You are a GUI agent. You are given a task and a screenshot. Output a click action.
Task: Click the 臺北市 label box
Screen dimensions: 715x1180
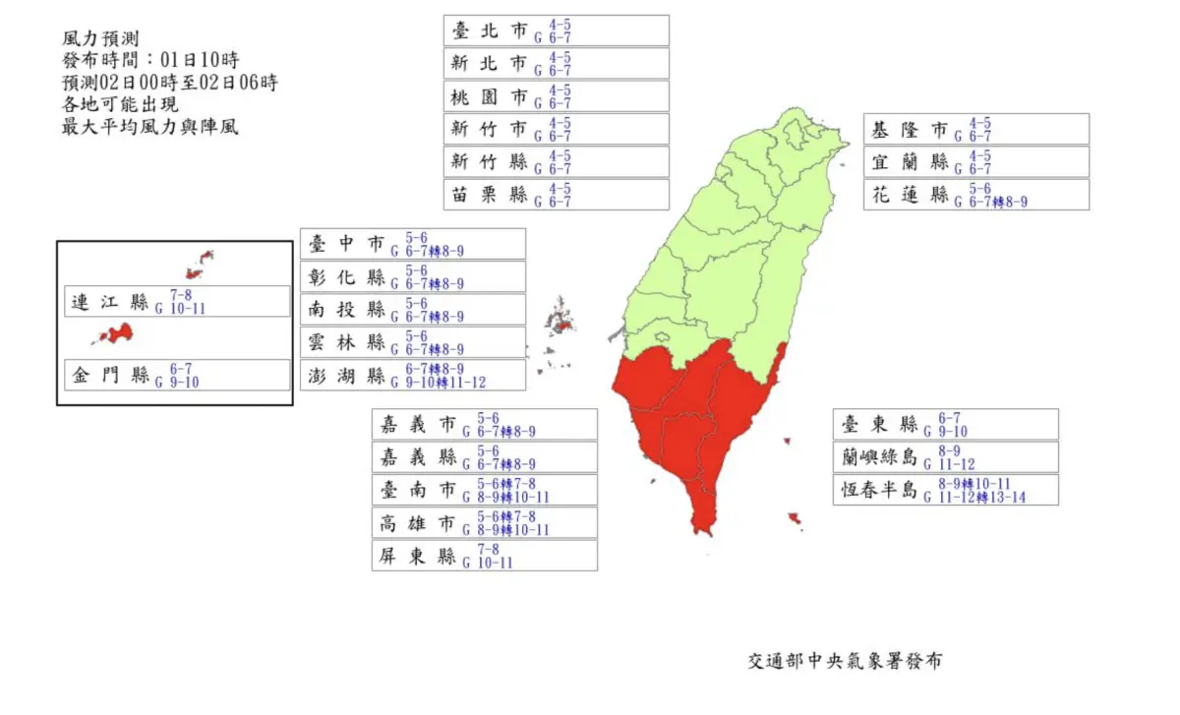tap(556, 30)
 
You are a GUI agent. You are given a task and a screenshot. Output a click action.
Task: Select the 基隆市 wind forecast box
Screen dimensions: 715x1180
tap(976, 130)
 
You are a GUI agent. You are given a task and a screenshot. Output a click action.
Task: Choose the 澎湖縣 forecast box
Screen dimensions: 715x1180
tap(412, 375)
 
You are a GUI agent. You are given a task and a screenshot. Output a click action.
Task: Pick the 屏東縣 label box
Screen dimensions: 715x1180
tap(485, 556)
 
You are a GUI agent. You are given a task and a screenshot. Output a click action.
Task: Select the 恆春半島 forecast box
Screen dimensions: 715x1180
tap(946, 490)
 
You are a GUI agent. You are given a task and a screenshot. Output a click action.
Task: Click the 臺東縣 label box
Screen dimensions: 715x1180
tap(946, 424)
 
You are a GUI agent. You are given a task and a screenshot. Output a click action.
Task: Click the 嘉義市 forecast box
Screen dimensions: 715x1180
tap(485, 425)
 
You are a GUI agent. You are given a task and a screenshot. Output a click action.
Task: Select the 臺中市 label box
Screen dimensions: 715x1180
tap(412, 244)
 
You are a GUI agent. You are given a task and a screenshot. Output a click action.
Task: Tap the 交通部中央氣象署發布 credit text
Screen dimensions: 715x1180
tap(844, 661)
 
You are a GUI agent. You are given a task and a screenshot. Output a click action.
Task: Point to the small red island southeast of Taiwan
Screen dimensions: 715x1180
tap(795, 518)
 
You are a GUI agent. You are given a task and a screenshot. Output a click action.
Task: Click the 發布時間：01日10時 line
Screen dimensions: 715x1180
tap(149, 60)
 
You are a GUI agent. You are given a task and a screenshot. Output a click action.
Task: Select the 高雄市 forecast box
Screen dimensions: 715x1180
tap(485, 522)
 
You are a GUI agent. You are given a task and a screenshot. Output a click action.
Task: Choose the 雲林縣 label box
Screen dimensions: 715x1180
tap(412, 342)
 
